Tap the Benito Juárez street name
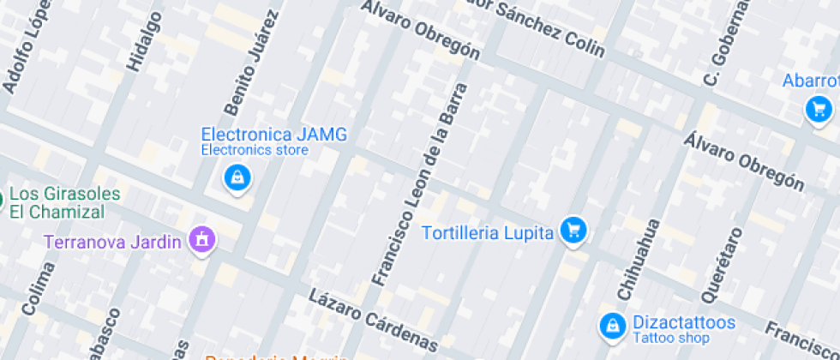click(x=252, y=63)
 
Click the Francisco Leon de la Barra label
click(x=421, y=183)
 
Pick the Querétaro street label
click(x=719, y=257)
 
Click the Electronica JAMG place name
click(x=274, y=135)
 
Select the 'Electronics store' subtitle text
click(x=255, y=151)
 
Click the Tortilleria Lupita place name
click(x=488, y=232)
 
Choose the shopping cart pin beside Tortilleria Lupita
click(x=573, y=230)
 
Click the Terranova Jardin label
click(x=112, y=241)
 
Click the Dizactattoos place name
click(x=684, y=322)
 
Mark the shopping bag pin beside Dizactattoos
click(x=612, y=324)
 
